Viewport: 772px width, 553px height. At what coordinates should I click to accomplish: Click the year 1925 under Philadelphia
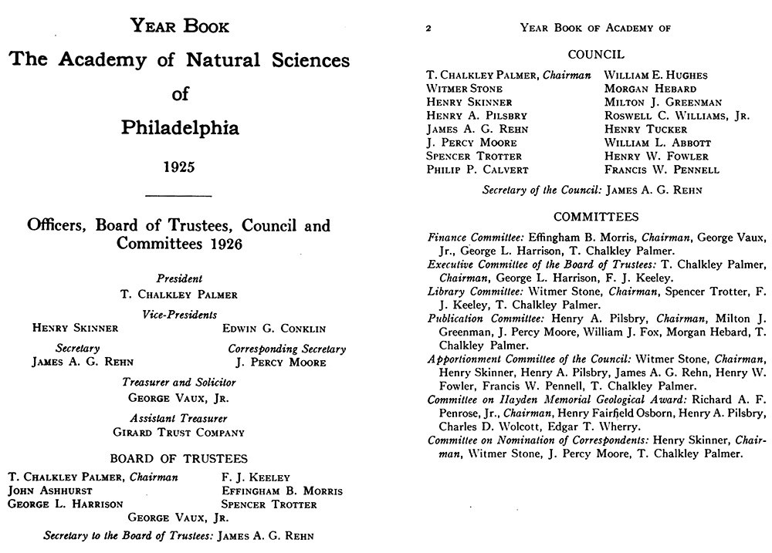tap(179, 166)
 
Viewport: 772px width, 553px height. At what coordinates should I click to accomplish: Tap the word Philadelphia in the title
tap(179, 127)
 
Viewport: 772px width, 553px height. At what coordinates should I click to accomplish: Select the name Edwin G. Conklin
tap(274, 329)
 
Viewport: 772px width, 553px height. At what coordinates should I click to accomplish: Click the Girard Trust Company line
tap(178, 433)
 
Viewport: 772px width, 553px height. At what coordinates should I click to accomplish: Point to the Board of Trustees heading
tap(178, 458)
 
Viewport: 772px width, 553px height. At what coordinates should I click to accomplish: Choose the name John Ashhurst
tap(50, 491)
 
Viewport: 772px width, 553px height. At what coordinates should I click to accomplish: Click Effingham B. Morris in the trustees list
tap(282, 491)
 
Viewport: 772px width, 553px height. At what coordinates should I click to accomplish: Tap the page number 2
tap(428, 29)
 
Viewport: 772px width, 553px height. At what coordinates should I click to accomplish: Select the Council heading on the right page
tap(596, 55)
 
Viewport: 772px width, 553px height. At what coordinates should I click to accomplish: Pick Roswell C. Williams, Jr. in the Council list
tap(676, 116)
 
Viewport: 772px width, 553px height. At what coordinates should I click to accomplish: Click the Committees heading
tap(596, 217)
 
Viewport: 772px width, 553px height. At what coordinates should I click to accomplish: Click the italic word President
tap(179, 278)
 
